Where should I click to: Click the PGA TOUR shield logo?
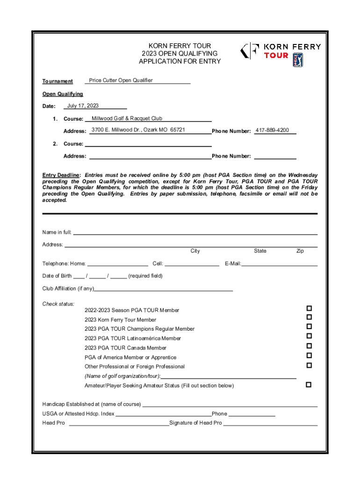coord(298,60)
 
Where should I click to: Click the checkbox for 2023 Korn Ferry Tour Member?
coord(309,318)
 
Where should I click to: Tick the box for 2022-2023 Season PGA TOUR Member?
coord(309,308)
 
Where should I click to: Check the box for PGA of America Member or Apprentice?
coord(309,356)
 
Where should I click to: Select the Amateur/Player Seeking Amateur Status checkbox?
coord(309,385)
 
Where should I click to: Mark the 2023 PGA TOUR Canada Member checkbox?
coord(309,346)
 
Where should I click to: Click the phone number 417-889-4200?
coord(272,130)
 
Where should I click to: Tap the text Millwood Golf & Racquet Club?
coord(127,118)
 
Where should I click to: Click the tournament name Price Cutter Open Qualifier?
coord(121,80)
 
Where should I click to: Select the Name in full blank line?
coord(195,232)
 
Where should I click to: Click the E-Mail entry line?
coord(279,264)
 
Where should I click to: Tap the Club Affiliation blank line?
coord(163,289)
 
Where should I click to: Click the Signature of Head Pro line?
coord(270,423)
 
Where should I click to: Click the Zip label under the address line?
coord(300,251)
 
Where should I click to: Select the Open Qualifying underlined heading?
coord(63,94)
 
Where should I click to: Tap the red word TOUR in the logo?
coord(276,55)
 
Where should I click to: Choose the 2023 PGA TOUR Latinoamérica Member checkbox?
coord(309,336)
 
